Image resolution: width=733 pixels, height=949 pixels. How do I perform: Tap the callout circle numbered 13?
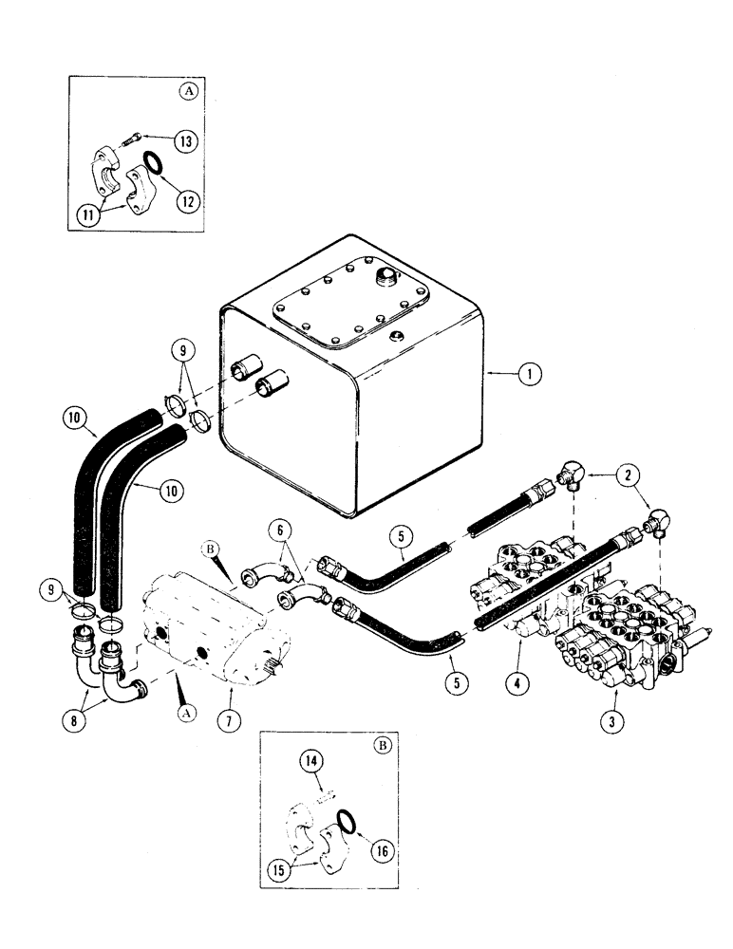(184, 140)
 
